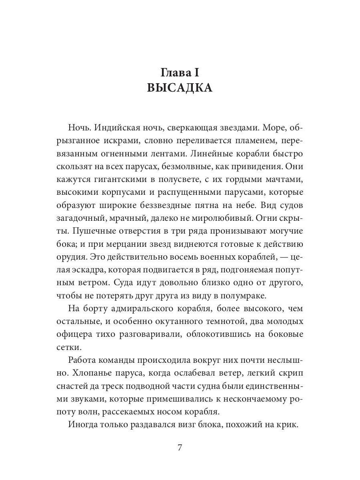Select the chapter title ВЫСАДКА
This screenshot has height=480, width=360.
(180, 88)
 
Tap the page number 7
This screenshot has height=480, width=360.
(180, 448)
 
